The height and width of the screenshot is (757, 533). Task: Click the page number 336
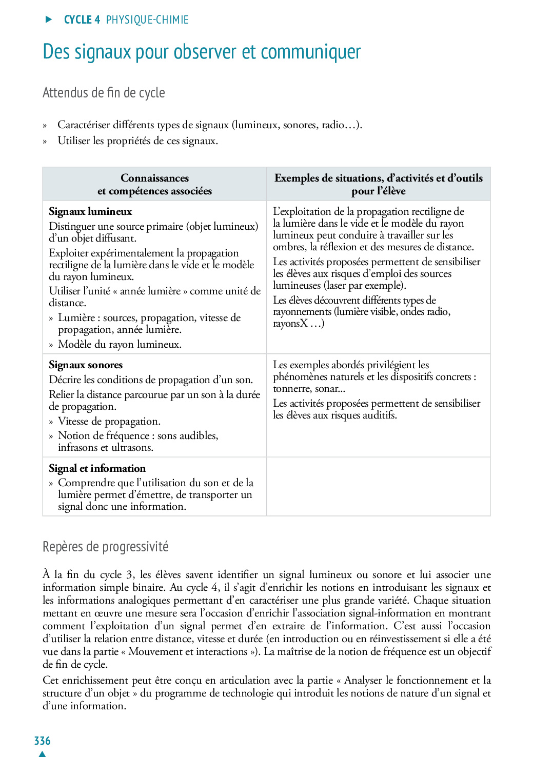pos(42,741)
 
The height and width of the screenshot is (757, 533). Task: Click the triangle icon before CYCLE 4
pos(49,19)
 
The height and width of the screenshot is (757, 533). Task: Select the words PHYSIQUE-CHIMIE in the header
pos(147,20)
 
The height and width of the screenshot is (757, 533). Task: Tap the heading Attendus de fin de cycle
pos(104,93)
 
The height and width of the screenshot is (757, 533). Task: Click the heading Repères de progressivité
pos(105,547)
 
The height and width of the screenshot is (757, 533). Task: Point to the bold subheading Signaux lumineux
pos(90,211)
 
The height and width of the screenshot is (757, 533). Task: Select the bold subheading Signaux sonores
pos(86,365)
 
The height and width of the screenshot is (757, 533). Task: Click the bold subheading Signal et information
pos(97,468)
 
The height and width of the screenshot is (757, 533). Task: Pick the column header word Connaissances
pos(154,178)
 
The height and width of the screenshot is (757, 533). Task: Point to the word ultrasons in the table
pos(132,447)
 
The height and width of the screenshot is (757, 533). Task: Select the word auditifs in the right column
pos(380,415)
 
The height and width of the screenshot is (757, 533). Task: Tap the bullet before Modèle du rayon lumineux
pos(51,345)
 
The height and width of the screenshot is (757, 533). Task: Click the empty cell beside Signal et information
pos(378,486)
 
